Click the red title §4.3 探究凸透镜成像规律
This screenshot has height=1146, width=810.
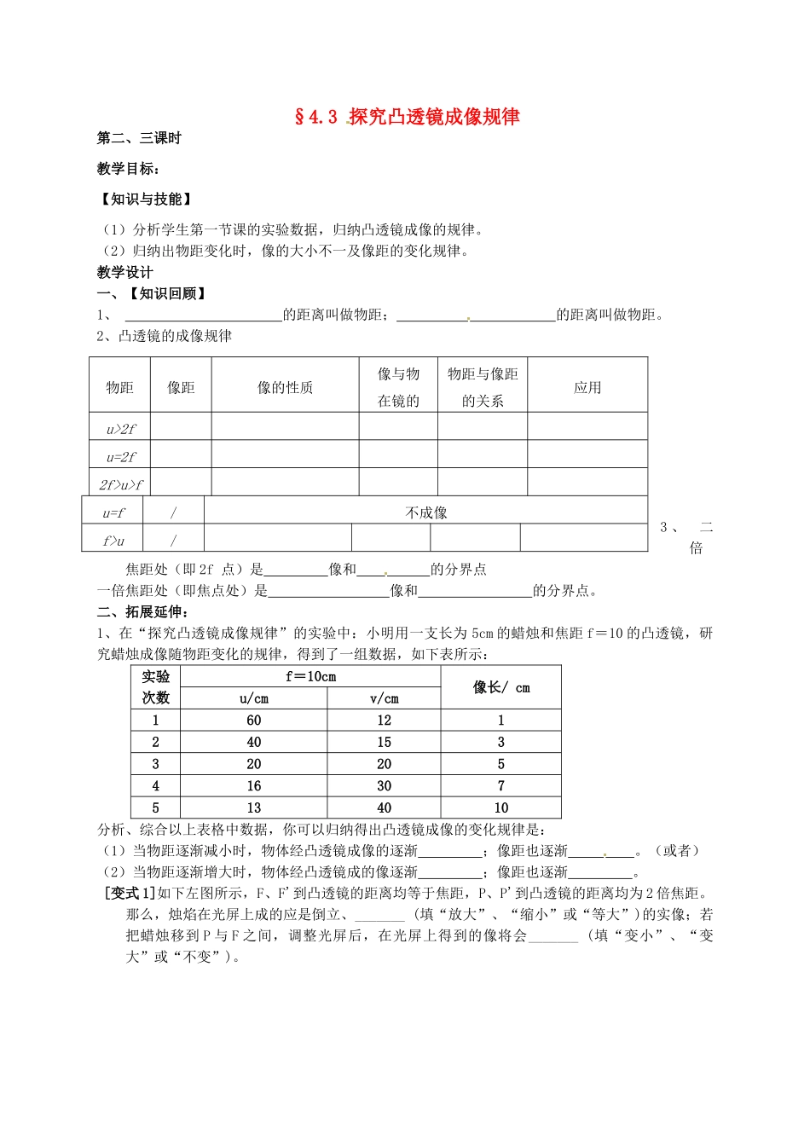[407, 117]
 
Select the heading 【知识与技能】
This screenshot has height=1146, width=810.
[146, 199]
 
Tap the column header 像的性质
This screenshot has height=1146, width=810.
[285, 387]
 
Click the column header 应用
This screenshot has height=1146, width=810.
[587, 387]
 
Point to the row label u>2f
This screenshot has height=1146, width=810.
[120, 429]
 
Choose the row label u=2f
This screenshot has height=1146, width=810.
[120, 456]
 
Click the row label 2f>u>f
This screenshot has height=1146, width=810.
[120, 484]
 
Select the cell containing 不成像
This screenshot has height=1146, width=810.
[426, 512]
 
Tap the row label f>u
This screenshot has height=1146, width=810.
[113, 541]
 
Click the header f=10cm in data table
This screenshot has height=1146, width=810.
[310, 676]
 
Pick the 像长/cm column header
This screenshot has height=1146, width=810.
[501, 687]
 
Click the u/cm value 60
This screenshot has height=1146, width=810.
[254, 721]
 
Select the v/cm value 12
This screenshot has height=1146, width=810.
[384, 721]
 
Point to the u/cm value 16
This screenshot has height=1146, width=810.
[254, 786]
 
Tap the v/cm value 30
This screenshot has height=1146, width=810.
[384, 786]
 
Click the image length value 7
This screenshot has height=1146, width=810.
[501, 786]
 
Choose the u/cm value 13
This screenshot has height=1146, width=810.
[254, 808]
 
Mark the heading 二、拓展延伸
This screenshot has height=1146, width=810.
[143, 611]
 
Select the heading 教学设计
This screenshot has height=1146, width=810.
[125, 272]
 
